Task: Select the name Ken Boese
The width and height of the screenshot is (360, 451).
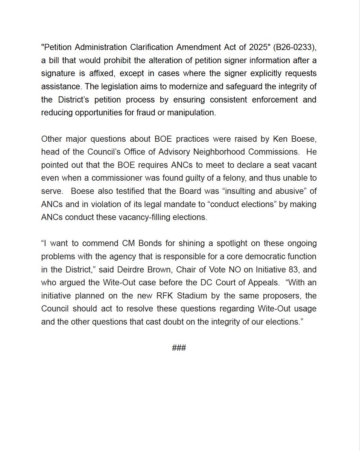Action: coord(299,139)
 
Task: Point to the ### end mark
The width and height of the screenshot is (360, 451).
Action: coord(179,348)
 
